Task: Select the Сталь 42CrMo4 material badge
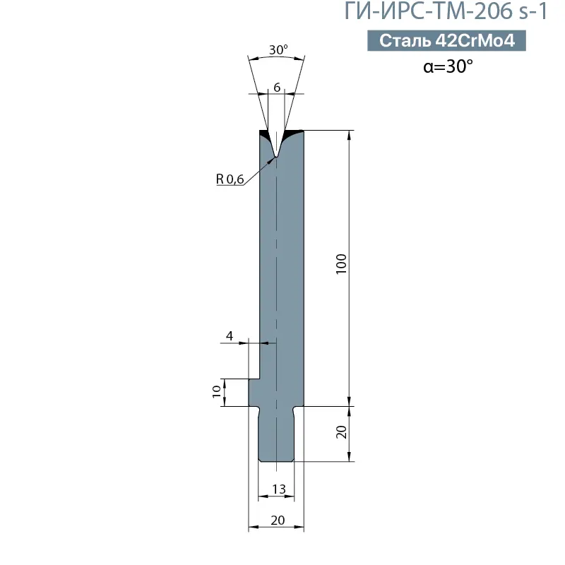click(447, 41)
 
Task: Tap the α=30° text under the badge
click(447, 67)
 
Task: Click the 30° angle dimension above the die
click(278, 50)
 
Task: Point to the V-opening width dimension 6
click(277, 87)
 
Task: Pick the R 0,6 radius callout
click(230, 179)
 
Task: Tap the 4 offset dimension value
click(230, 335)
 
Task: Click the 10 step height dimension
click(216, 392)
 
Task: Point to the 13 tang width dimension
click(277, 489)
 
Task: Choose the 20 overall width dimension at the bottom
click(277, 520)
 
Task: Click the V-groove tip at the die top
click(276, 155)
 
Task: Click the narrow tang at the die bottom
click(276, 438)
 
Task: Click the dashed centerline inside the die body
click(276, 282)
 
